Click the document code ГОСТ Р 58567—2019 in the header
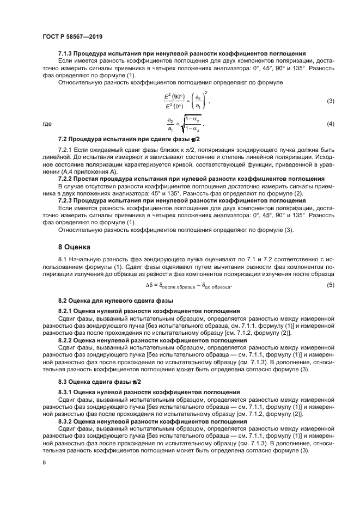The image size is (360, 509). point(72,36)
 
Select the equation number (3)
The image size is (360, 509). point(330,101)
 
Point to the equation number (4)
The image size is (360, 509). point(330,124)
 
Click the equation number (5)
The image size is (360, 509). point(330,286)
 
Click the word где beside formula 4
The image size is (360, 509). point(47,124)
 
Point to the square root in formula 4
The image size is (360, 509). point(192,124)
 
